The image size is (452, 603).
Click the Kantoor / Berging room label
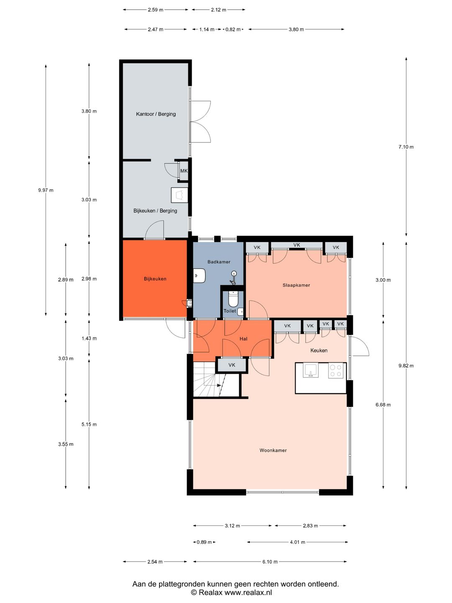point(156,114)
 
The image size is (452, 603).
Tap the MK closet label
point(184,170)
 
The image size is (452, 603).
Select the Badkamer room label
point(219,262)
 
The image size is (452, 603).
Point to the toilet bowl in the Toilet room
point(234,299)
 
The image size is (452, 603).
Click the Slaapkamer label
point(296,285)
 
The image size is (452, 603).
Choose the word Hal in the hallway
point(243,339)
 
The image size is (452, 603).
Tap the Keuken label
point(318,350)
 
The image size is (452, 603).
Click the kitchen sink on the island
point(311,370)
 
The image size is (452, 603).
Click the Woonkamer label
point(273,450)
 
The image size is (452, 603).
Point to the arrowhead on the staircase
point(219,385)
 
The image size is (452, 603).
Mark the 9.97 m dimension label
point(46,190)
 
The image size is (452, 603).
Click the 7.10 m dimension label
point(406,147)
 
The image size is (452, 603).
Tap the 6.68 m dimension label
point(383,405)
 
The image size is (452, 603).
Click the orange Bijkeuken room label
point(155,279)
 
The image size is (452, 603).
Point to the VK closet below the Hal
point(232,365)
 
